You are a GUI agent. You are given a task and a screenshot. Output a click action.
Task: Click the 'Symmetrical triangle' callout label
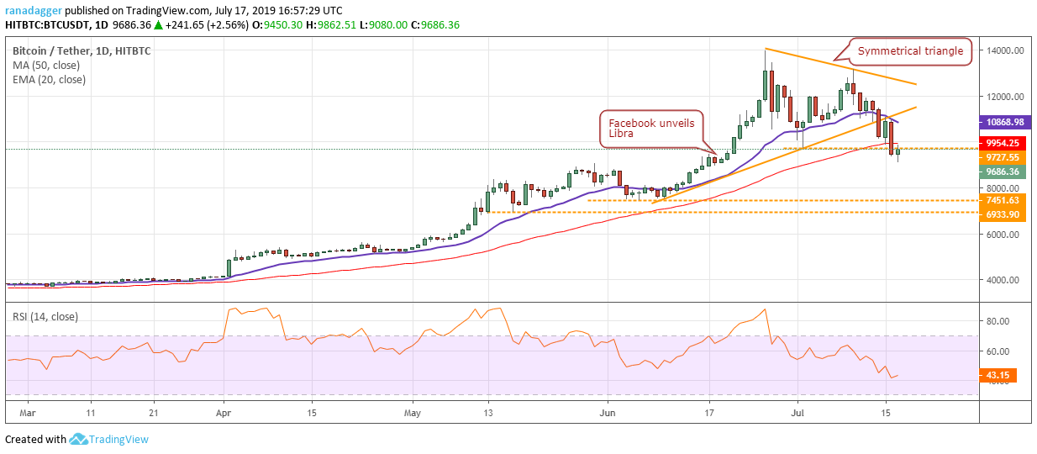tap(910, 51)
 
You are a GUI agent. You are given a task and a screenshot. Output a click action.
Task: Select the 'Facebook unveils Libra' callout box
tap(651, 129)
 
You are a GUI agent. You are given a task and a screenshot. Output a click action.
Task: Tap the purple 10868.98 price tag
tap(1005, 122)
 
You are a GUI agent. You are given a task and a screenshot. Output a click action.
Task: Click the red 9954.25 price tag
tap(1003, 143)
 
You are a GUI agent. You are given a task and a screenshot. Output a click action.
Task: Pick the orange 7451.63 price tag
tap(1003, 201)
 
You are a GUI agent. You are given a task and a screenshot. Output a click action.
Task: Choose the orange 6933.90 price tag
tap(1003, 214)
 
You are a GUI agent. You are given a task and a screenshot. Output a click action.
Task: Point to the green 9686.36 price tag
tap(1003, 172)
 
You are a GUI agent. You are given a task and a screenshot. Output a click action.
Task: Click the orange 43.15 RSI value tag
tap(998, 375)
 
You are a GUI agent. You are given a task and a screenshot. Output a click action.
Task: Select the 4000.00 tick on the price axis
tap(1003, 280)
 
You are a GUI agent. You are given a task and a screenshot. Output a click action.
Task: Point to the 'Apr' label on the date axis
tap(224, 413)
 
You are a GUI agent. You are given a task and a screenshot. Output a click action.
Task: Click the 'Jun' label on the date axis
tap(607, 413)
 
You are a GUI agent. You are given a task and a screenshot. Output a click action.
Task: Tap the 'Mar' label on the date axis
tap(28, 413)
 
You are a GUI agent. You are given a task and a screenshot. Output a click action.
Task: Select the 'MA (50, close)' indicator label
tap(46, 66)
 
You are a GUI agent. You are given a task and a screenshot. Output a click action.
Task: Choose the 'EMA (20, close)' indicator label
tap(49, 80)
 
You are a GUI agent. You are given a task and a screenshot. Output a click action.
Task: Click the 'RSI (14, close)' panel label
tap(45, 317)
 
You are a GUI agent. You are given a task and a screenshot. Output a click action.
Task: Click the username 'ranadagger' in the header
tap(34, 11)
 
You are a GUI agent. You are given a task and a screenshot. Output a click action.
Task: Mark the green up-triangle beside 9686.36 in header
tap(158, 25)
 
